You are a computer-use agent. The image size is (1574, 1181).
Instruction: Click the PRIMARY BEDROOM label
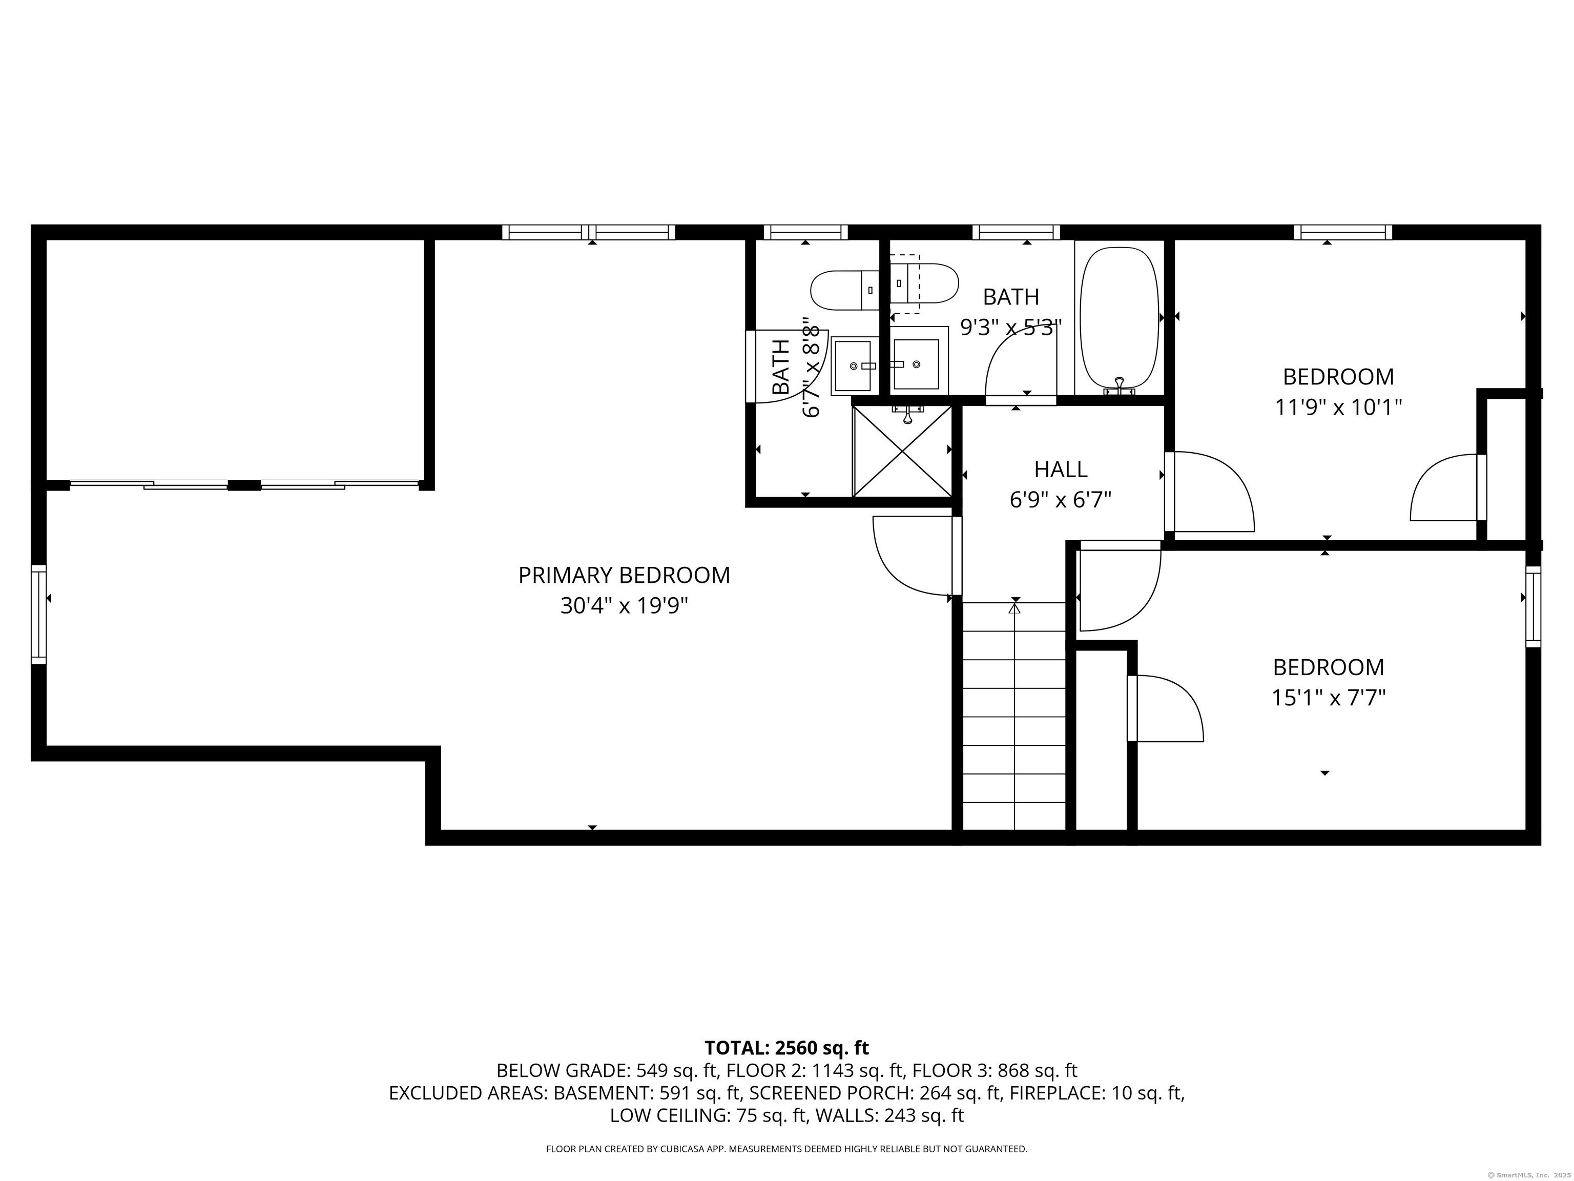[x=624, y=575]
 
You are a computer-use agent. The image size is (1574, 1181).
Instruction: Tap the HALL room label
[x=1060, y=469]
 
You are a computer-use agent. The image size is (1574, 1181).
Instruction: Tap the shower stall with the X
[x=902, y=451]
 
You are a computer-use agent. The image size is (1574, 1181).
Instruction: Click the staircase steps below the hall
[x=1014, y=716]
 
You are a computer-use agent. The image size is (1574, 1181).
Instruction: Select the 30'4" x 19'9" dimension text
[x=624, y=606]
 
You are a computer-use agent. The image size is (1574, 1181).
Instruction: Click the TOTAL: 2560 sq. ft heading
[x=786, y=1048]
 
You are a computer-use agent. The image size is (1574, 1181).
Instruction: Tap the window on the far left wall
[x=38, y=615]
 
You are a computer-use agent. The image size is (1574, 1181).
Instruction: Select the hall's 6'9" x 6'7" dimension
[x=1060, y=500]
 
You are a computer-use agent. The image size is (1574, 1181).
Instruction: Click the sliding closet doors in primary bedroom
[x=244, y=485]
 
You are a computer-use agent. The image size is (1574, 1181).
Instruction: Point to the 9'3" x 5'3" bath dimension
[x=1011, y=328]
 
